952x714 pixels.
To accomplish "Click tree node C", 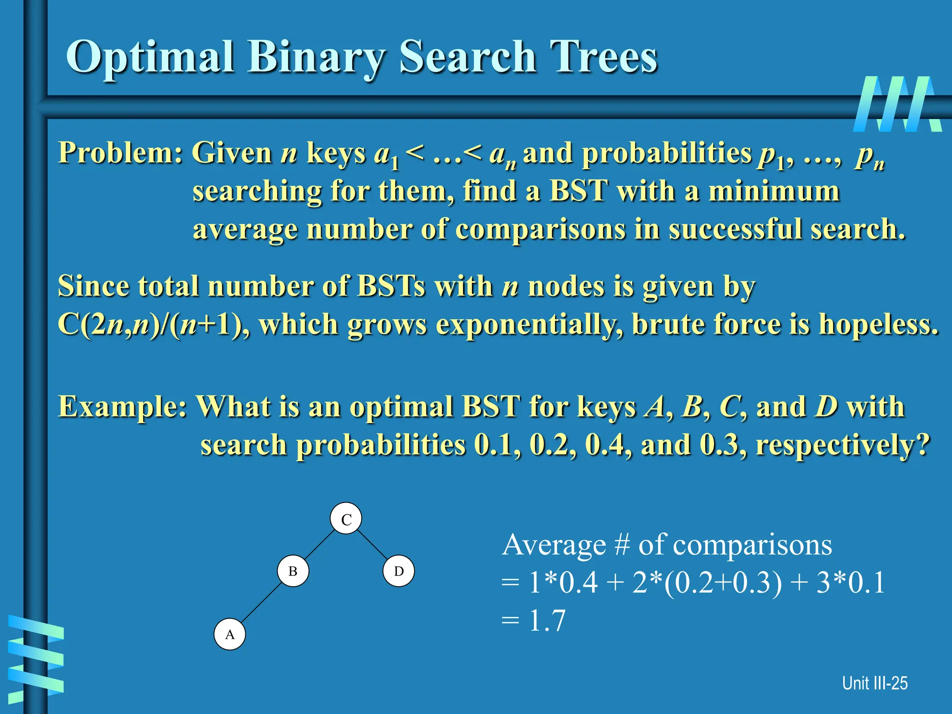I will [346, 518].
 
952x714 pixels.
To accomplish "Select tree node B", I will [293, 571].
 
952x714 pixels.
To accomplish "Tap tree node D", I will [399, 571].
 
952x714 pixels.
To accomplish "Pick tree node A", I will [230, 634].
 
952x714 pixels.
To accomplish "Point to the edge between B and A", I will [262, 602].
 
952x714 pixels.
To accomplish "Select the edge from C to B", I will [319, 545].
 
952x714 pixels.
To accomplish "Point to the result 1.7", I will [547, 621].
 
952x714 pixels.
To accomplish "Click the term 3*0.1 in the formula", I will [851, 582].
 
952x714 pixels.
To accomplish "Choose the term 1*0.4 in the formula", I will [563, 582].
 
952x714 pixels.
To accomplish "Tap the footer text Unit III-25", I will [874, 683].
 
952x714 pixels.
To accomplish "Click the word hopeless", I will [878, 324].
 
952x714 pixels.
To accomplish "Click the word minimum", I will [773, 191].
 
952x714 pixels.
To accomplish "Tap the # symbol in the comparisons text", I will [621, 545].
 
